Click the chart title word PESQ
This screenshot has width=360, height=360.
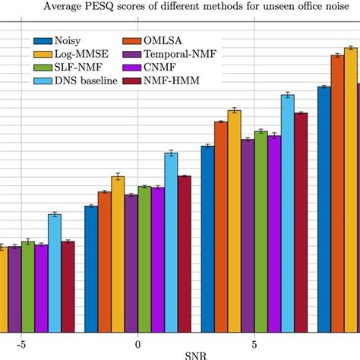click(124, 8)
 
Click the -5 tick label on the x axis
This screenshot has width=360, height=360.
click(21, 343)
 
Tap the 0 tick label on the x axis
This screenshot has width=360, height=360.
click(137, 343)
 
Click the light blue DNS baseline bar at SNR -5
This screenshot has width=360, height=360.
click(55, 273)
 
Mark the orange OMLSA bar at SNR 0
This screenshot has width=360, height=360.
click(104, 261)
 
